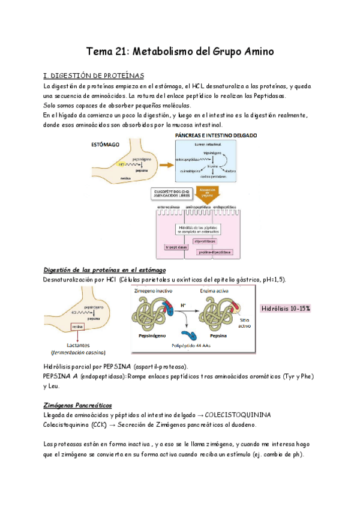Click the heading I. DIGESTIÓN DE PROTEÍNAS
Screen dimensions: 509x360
94,76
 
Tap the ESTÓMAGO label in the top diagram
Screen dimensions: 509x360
104,145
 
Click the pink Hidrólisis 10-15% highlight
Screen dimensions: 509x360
285,308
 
